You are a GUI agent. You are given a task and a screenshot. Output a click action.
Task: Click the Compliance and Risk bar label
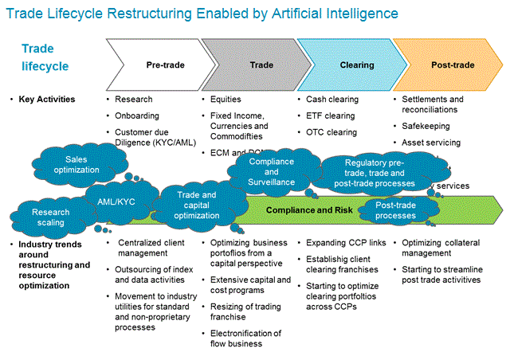(x=298, y=209)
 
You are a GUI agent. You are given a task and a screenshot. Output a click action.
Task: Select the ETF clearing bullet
(x=329, y=115)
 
